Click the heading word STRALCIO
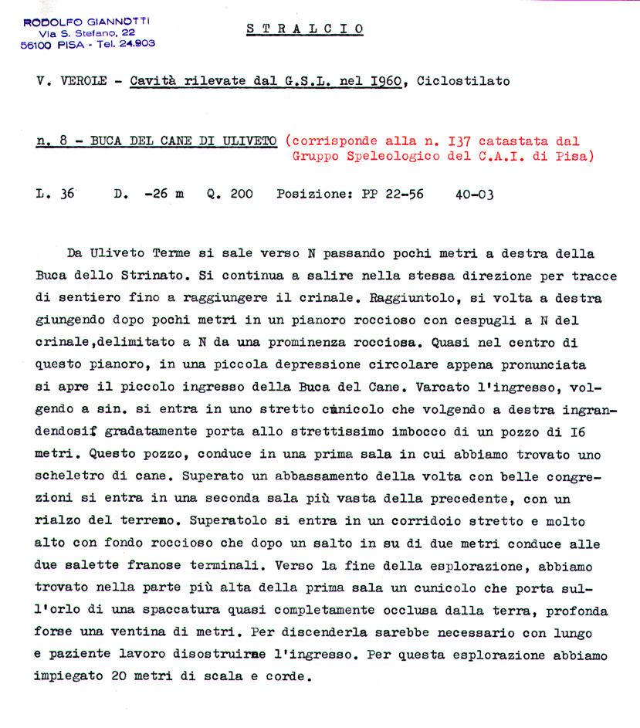[305, 29]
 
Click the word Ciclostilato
[462, 81]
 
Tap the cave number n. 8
[52, 141]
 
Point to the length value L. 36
[56, 195]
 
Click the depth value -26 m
[164, 195]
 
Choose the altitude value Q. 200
[229, 195]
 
